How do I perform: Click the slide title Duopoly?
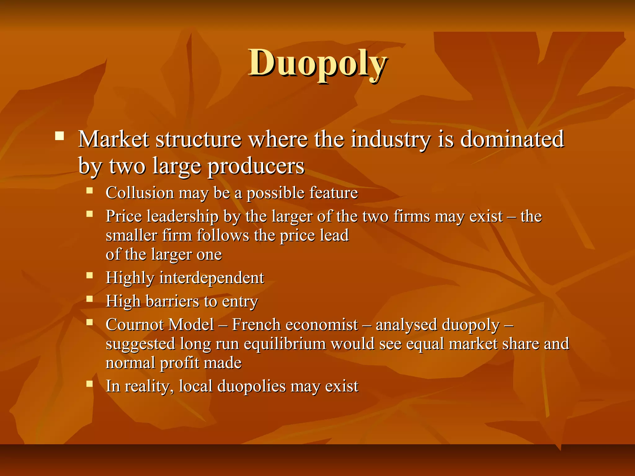(x=317, y=64)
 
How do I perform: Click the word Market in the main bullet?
(x=113, y=139)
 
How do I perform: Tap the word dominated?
(x=512, y=139)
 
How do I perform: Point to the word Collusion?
(x=140, y=193)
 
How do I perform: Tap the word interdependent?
(x=212, y=278)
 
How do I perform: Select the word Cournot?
(x=135, y=325)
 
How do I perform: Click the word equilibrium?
(x=285, y=344)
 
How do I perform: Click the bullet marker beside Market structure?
(x=59, y=136)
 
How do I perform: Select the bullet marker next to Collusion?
(x=90, y=190)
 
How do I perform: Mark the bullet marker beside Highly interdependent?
(x=90, y=275)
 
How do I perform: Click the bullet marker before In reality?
(x=90, y=384)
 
